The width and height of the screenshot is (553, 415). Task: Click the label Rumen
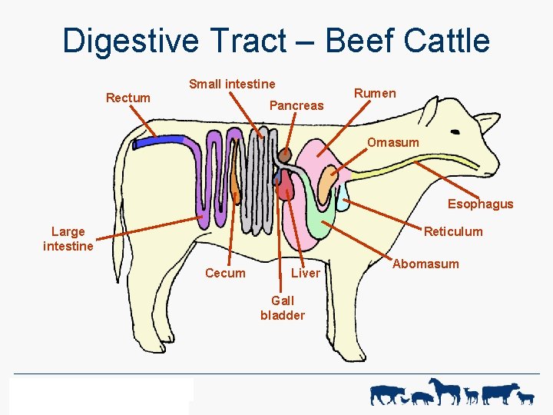[x=375, y=93]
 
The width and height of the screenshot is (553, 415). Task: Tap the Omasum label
[x=392, y=142]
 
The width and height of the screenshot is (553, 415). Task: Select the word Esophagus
[x=480, y=204]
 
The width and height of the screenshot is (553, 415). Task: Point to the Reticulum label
[x=453, y=231]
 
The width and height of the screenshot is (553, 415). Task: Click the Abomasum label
[x=426, y=264]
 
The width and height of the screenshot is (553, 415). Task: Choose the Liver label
[x=306, y=273]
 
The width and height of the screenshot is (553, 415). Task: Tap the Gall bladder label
[x=283, y=308]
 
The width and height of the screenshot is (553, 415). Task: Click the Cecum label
[x=225, y=273]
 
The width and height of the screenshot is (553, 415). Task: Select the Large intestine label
[x=68, y=238]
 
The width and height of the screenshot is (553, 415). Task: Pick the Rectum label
[x=128, y=98]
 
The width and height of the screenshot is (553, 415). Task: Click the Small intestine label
[x=232, y=84]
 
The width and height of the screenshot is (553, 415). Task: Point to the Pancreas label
[x=296, y=105]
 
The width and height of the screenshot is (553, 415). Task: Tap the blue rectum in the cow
[x=161, y=142]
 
